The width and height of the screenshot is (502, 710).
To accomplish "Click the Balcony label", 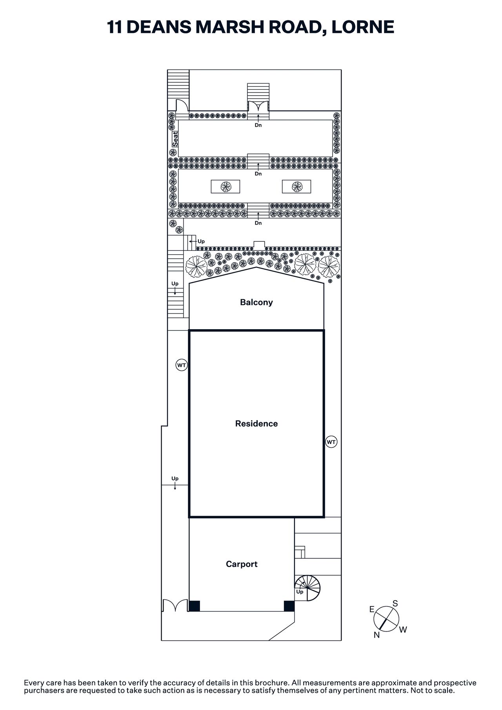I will point(256,302).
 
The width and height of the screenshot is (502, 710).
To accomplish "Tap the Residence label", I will point(256,424).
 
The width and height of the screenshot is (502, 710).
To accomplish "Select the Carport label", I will point(242,564).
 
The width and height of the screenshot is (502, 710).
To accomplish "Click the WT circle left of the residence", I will point(181,365).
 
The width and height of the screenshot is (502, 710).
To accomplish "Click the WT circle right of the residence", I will point(331,442).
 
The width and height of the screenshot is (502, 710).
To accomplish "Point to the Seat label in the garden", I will point(175,139).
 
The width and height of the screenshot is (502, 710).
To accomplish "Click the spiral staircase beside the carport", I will point(308,588).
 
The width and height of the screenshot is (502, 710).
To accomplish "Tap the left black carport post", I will point(194,606).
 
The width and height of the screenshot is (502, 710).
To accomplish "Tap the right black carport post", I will point(289,606).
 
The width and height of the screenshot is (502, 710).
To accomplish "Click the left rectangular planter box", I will point(226,187).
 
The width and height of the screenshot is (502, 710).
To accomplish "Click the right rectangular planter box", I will point(296,187).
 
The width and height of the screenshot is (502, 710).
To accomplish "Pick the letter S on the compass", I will point(395,603).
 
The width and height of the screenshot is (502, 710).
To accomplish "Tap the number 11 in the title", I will point(114,27).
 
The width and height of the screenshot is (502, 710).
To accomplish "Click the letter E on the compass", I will point(372,609).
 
